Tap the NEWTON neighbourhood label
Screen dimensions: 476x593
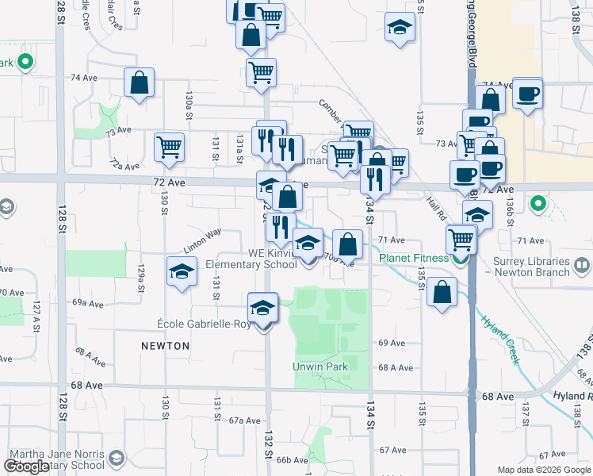[166, 346]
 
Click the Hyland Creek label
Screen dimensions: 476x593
[499, 339]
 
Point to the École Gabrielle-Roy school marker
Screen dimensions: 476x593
[263, 309]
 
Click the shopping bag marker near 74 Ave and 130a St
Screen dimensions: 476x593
[139, 83]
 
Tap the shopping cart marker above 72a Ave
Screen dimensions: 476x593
[170, 148]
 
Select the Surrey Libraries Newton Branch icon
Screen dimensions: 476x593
[583, 264]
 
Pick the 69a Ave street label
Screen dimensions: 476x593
[88, 303]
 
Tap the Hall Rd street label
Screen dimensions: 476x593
[435, 209]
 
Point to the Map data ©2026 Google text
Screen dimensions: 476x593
[543, 470]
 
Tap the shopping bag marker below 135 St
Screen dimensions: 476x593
[442, 292]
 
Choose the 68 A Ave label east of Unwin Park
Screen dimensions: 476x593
[396, 367]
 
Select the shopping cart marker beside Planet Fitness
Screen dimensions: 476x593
[461, 238]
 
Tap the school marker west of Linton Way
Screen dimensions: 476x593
[182, 273]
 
